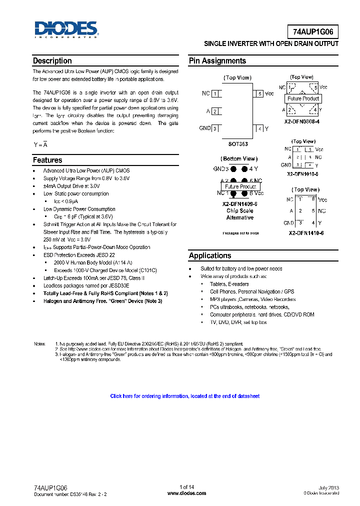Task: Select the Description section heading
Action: [52, 61]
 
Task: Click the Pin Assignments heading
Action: [217, 61]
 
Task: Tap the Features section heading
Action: [47, 160]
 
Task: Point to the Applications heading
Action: [210, 255]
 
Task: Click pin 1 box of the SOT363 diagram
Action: [215, 93]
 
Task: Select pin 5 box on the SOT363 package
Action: [259, 93]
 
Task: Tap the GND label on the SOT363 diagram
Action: [204, 128]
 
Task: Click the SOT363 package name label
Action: [238, 144]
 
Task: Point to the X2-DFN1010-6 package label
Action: [302, 174]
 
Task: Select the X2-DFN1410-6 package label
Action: [305, 233]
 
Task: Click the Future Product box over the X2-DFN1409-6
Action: [240, 186]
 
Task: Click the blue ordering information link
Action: [184, 396]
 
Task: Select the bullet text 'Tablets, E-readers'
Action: [229, 284]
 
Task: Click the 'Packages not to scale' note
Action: [240, 233]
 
